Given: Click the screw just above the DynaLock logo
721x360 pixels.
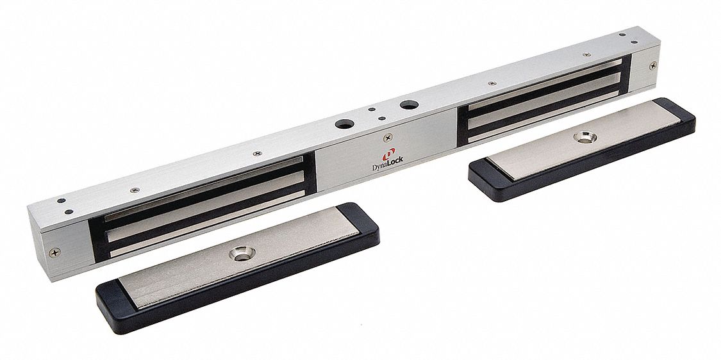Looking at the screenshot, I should [388, 136].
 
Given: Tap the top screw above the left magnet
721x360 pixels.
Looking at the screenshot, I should [257, 153].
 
